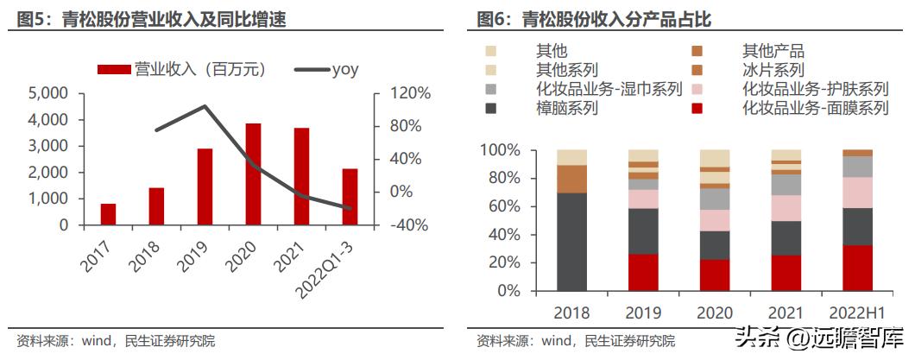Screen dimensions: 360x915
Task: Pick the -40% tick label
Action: (401, 225)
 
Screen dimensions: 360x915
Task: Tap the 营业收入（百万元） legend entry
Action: (182, 69)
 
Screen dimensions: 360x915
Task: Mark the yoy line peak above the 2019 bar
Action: (205, 107)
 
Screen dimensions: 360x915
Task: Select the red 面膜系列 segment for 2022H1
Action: (857, 268)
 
